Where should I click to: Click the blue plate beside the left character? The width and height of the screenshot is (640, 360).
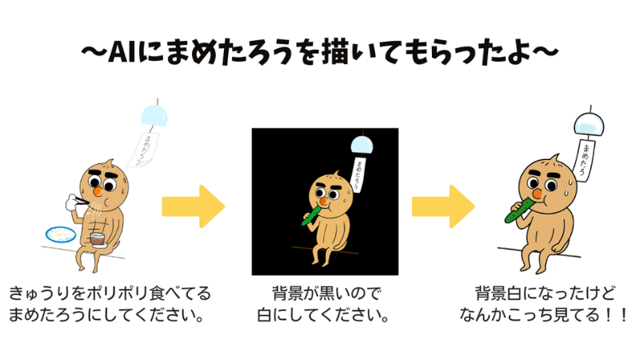(60, 234)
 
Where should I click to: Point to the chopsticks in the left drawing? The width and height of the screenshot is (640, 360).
(80, 202)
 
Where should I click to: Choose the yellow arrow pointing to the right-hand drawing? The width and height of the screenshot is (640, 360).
(444, 206)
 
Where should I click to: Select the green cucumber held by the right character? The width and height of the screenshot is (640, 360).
(519, 211)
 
